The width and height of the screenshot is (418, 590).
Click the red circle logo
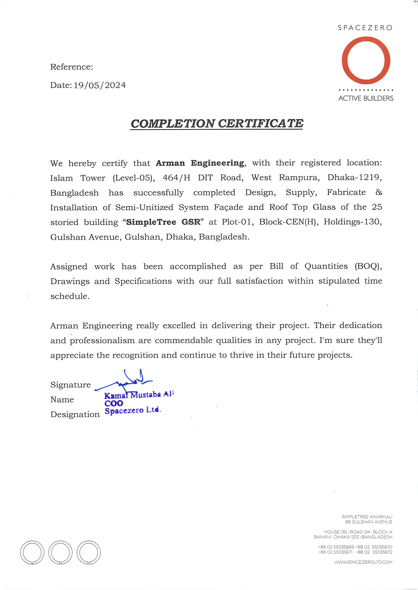[366, 61]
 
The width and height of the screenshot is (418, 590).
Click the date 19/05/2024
[100, 85]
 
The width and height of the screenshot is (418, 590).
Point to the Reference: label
[72, 67]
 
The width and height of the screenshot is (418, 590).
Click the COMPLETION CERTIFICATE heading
[217, 124]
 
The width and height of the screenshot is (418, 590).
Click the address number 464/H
[176, 177]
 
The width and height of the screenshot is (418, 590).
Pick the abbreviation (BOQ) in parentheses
[368, 266]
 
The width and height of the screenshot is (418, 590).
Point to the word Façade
[228, 207]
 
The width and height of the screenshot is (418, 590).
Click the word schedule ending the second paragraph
[70, 296]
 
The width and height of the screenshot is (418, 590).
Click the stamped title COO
[114, 403]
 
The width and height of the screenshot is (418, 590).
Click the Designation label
[75, 415]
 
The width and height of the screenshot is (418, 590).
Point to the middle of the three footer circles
[61, 553]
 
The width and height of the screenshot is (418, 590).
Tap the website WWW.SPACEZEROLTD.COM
[363, 562]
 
